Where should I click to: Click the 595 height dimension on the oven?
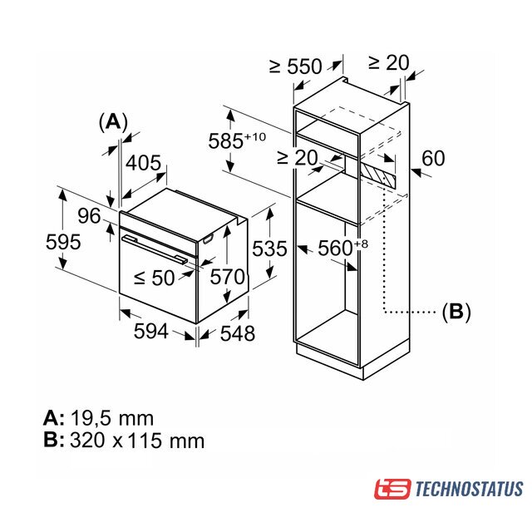[63, 242]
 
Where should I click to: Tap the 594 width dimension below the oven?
[151, 331]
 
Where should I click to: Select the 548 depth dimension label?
[238, 333]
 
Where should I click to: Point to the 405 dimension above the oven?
[144, 163]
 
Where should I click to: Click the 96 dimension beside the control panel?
[89, 216]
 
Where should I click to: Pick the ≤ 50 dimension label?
[155, 278]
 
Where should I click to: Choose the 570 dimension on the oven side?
[227, 277]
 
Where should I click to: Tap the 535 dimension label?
[269, 249]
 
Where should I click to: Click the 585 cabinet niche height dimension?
[237, 140]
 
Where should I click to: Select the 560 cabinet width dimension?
[342, 248]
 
